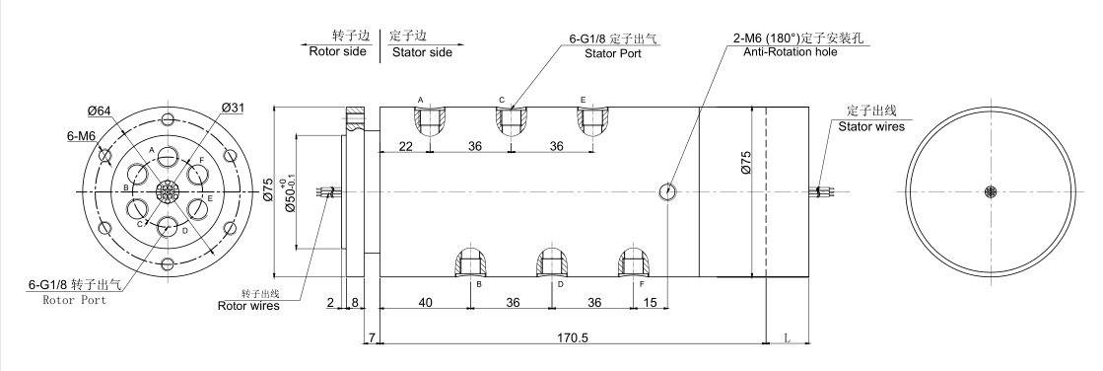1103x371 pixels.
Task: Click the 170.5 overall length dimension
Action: [572, 337]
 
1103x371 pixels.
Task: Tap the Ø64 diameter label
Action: [100, 111]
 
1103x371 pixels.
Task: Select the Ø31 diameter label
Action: [233, 107]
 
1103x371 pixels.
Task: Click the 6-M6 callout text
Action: [82, 136]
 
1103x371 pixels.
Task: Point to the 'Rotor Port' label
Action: [75, 300]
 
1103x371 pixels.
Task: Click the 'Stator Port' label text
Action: [613, 53]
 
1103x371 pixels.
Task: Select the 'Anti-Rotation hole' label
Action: [790, 51]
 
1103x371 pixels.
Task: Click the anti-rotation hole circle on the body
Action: [669, 190]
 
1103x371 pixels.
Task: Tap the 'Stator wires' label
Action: [870, 126]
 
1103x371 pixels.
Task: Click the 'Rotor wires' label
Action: [248, 306]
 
